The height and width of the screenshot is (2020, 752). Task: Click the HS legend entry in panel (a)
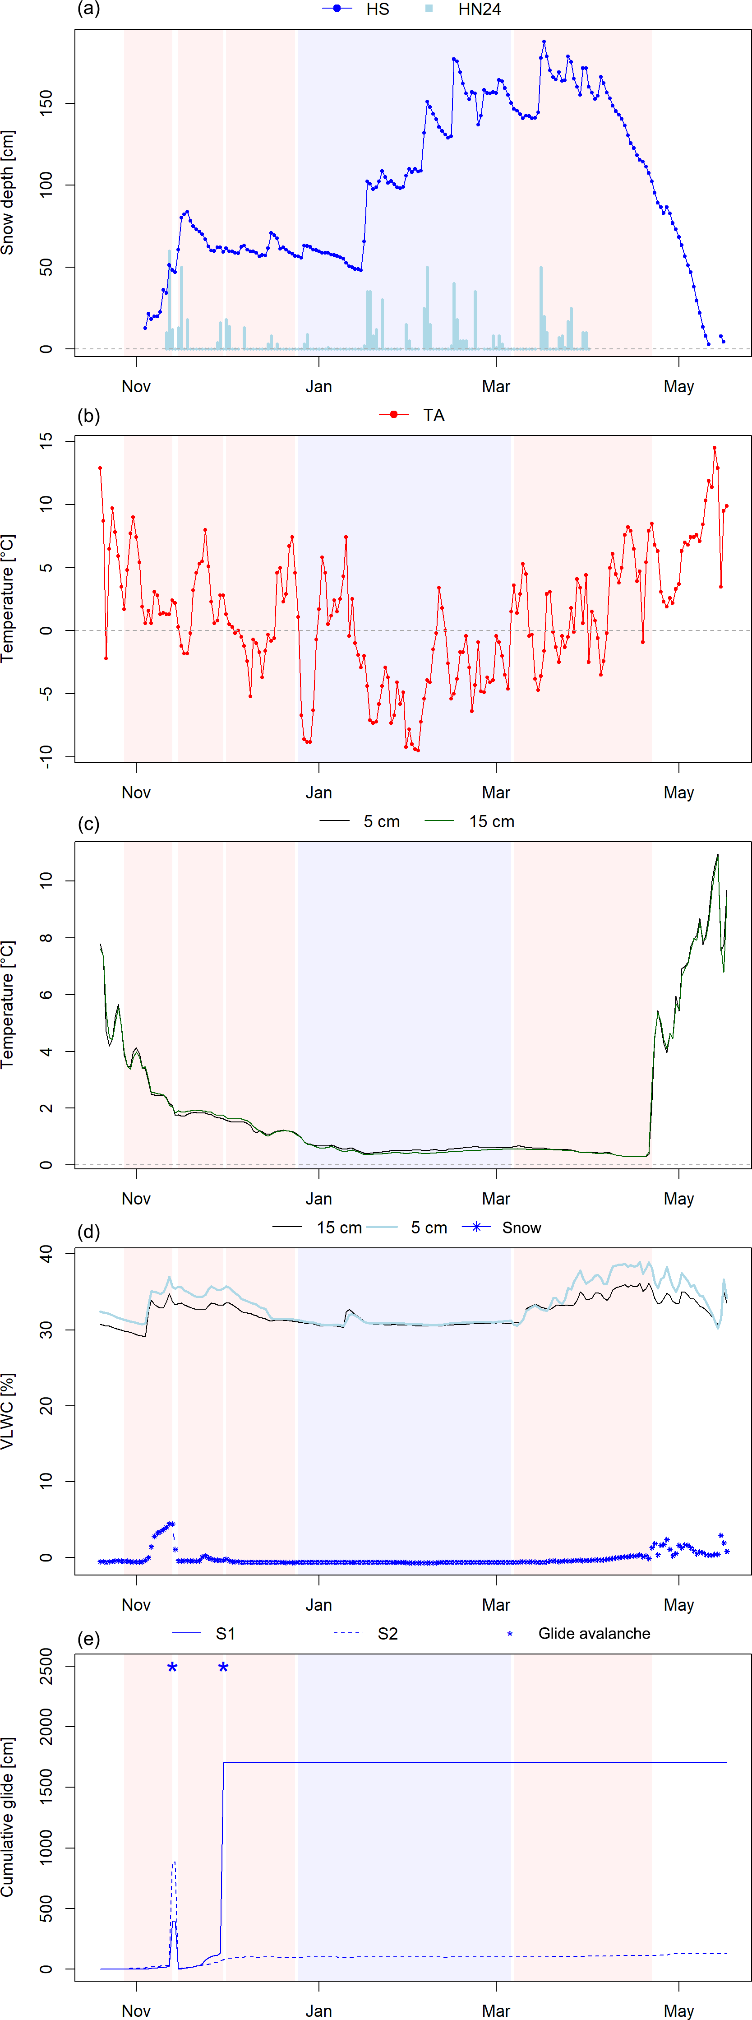tap(377, 9)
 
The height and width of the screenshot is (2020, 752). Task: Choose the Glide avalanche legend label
tap(594, 1633)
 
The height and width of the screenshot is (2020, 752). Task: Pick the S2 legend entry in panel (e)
tap(388, 1633)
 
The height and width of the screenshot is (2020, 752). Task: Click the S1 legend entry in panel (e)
tap(225, 1633)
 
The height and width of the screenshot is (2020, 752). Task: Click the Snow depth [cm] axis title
tap(8, 192)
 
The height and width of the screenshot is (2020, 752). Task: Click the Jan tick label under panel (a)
tap(318, 387)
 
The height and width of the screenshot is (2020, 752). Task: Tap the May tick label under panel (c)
tap(678, 1199)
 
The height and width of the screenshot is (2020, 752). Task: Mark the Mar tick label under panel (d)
tap(496, 1605)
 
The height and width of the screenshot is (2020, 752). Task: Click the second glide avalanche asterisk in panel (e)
tap(223, 1668)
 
